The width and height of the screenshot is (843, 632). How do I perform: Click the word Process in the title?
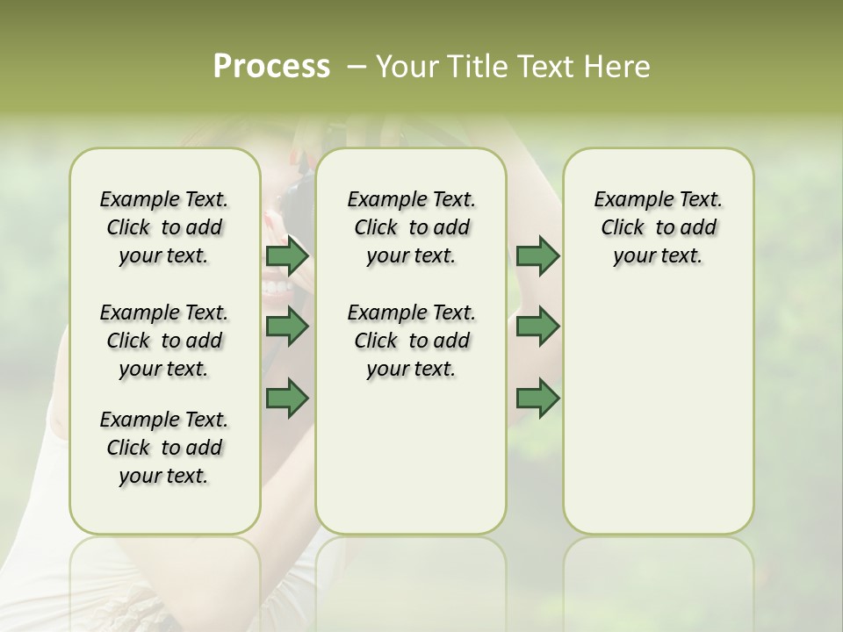(271, 67)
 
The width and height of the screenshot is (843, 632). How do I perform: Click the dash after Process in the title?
(356, 68)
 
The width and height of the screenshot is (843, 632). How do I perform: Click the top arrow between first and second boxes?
(287, 255)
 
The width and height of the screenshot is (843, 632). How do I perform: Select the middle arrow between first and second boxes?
(287, 327)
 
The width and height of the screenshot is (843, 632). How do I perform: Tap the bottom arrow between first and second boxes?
(287, 398)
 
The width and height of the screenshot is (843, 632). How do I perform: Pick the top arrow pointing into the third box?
(538, 255)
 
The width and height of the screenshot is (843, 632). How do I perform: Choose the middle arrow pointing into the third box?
(538, 327)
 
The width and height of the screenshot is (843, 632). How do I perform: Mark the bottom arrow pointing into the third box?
(538, 398)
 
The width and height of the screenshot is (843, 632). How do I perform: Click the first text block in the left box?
(164, 227)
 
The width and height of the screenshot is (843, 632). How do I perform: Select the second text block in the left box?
(164, 341)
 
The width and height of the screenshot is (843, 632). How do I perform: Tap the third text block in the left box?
(164, 448)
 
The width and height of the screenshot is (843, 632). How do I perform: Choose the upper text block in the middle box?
(411, 227)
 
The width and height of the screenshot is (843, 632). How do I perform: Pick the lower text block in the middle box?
(411, 341)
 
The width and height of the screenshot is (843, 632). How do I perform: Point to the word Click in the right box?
(623, 228)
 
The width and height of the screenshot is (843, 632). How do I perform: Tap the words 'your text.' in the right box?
(658, 256)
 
